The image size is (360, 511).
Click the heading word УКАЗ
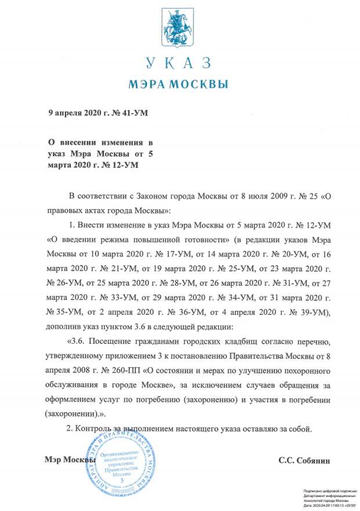pos(179,63)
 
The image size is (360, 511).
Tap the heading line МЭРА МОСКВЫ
pos(179,85)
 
